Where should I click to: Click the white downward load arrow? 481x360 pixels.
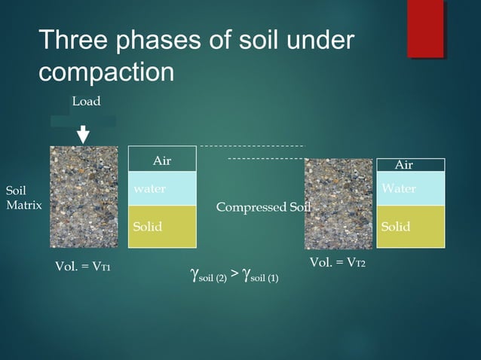[84, 134]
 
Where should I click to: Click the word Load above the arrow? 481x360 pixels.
[86, 101]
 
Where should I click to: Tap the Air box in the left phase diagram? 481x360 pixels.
[162, 160]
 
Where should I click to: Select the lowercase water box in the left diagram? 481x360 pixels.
[162, 189]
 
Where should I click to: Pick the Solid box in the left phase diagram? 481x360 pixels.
[162, 227]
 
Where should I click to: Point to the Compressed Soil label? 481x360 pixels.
[263, 207]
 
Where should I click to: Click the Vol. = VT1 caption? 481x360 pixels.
[83, 267]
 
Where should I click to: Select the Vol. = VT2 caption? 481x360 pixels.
[338, 262]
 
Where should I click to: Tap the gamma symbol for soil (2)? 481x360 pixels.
[198, 275]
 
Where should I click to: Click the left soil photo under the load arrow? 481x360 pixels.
[84, 197]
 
